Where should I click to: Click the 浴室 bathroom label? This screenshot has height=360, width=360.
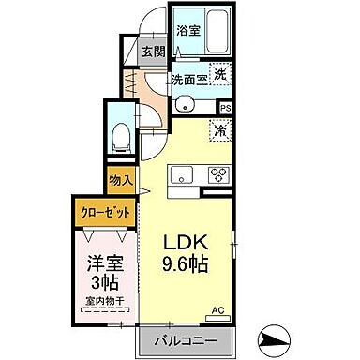point(188,31)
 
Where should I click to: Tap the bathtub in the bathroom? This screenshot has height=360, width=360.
point(217,33)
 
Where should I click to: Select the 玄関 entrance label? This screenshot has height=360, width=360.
point(154,53)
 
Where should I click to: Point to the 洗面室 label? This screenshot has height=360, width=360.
point(188,80)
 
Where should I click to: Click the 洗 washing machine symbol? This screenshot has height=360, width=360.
point(220,74)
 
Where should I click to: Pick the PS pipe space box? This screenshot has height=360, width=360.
point(225,107)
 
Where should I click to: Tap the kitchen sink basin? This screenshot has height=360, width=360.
point(181,174)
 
